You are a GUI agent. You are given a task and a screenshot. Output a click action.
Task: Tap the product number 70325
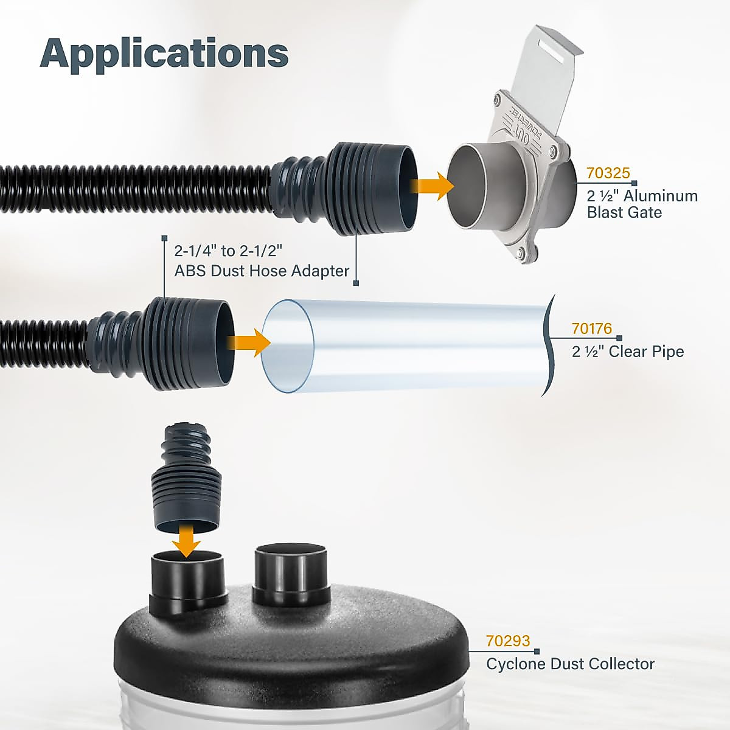tap(608, 173)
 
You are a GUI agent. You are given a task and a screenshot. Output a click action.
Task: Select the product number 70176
tap(591, 329)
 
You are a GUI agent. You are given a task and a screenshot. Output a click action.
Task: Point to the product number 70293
tap(508, 641)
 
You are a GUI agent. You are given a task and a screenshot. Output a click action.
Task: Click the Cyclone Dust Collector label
tap(570, 664)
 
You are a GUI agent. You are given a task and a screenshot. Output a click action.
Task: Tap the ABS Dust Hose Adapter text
tap(262, 271)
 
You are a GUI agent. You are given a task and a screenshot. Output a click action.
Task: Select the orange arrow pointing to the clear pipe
tap(249, 343)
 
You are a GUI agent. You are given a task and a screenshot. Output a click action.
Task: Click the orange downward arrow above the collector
tap(186, 540)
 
